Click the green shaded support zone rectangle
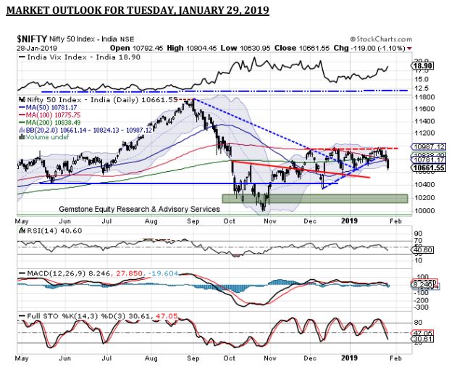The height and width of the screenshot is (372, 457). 319,197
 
